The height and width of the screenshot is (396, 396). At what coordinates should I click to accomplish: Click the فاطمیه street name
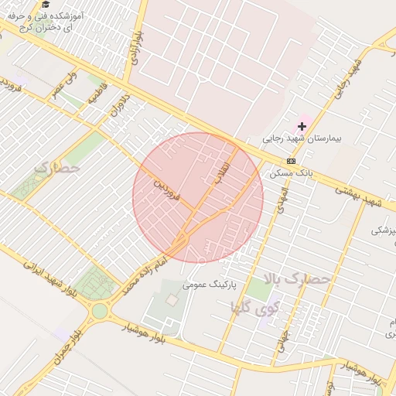pyautogui.click(x=96, y=97)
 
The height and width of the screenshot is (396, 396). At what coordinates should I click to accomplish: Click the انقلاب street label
pyautogui.click(x=224, y=168)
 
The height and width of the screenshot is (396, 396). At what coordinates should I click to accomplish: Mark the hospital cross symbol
pyautogui.click(x=302, y=125)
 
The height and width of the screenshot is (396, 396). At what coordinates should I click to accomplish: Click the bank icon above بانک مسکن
pyautogui.click(x=291, y=161)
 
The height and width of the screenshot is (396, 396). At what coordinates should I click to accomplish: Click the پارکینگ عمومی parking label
pyautogui.click(x=208, y=284)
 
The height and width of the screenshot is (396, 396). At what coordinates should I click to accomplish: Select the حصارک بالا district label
pyautogui.click(x=297, y=277)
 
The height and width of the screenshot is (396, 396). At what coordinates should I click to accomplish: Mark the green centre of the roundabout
pyautogui.click(x=100, y=311)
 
